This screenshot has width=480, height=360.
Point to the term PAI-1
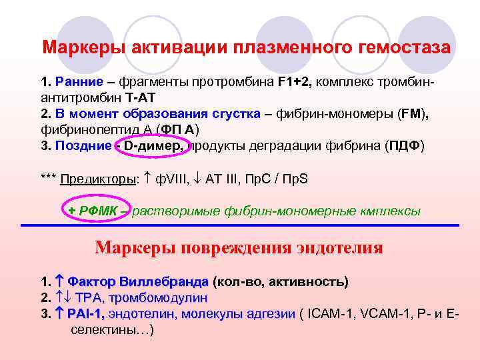85,313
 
